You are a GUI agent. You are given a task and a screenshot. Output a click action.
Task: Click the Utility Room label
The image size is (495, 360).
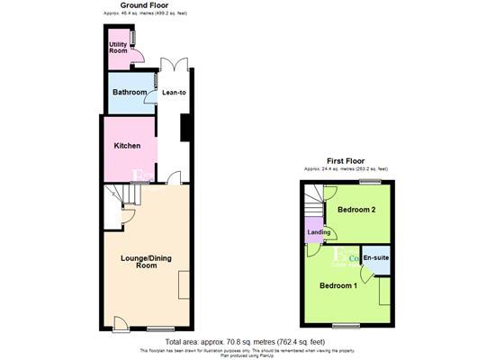click(x=118, y=47)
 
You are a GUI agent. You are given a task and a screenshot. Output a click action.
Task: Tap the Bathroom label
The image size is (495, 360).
click(x=128, y=93)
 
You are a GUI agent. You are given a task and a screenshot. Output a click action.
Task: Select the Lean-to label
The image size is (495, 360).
click(x=175, y=93)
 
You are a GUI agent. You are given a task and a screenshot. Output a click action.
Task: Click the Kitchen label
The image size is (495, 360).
click(x=127, y=146)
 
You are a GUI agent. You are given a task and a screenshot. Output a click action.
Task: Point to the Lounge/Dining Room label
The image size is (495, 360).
click(x=146, y=262)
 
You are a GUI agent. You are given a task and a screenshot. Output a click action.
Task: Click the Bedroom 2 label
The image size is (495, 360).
click(x=355, y=209)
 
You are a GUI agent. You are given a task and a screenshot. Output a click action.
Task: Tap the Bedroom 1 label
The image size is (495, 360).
click(x=337, y=285)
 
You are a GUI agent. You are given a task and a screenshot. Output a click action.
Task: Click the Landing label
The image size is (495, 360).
click(x=318, y=233)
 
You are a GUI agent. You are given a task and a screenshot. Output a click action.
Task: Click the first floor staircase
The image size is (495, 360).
click(x=311, y=200)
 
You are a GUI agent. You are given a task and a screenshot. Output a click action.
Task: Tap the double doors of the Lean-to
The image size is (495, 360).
click(x=174, y=64)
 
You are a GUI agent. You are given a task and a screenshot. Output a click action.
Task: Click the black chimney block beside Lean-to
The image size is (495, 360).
click(x=185, y=128)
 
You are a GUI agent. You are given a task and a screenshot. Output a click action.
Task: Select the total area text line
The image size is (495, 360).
click(x=247, y=341)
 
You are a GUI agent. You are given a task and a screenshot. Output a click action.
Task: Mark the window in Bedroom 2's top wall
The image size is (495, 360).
click(x=368, y=181)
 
